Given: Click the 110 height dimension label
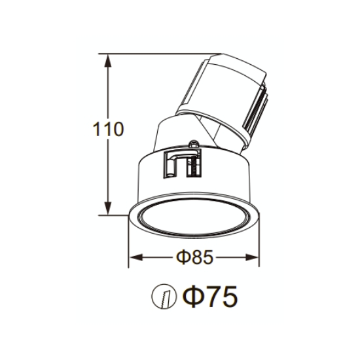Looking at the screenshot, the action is [x=108, y=129].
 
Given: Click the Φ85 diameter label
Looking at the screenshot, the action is [x=194, y=257].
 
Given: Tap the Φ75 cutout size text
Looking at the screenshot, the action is [x=210, y=297].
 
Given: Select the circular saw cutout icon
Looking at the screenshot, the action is [x=164, y=296].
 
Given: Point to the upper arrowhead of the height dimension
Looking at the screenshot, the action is [x=108, y=61].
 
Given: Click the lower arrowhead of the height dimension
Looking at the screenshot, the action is [x=108, y=208].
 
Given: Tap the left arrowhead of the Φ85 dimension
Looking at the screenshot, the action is [x=136, y=257].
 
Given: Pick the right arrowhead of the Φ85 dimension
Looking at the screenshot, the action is [x=252, y=257].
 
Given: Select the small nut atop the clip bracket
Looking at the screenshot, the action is [x=193, y=144].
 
